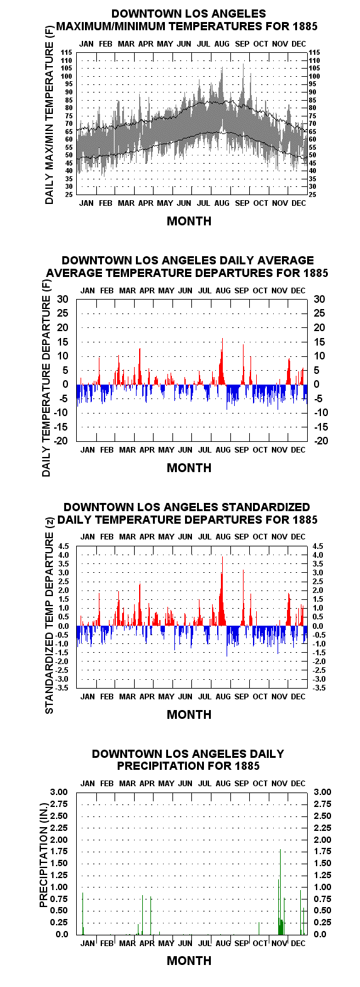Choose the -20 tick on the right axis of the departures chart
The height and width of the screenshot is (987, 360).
321,441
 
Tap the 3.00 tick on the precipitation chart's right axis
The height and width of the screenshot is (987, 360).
322,792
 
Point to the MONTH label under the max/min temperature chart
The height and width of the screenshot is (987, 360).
189,221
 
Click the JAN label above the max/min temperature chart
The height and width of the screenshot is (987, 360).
86,43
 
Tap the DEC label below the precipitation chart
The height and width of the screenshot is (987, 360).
298,944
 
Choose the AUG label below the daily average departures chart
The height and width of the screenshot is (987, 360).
223,450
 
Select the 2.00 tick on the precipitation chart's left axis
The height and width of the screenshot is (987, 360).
59,840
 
